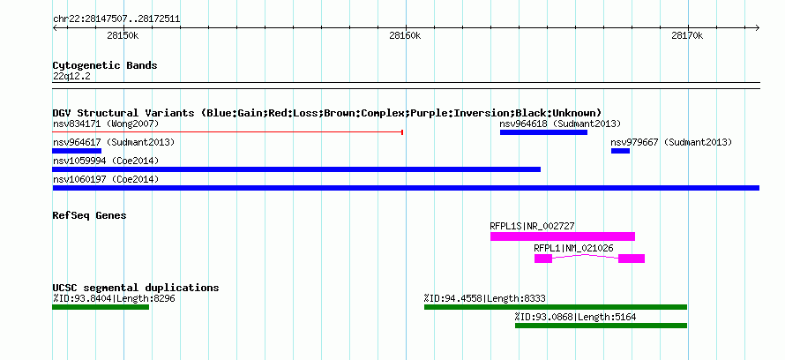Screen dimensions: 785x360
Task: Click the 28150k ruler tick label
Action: click(x=123, y=35)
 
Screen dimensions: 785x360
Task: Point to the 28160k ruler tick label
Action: click(x=405, y=35)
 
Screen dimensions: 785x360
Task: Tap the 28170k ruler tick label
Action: click(x=687, y=35)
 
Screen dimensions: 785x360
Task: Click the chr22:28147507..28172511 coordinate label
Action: click(x=116, y=19)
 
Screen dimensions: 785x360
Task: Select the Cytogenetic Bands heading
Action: click(x=105, y=65)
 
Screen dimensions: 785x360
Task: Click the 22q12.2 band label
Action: click(x=71, y=77)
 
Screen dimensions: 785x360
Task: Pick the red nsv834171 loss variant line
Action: click(x=228, y=132)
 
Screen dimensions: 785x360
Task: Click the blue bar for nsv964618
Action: click(x=543, y=132)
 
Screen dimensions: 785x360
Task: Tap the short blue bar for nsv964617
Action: click(x=77, y=151)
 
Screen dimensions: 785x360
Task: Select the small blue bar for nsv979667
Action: click(x=620, y=151)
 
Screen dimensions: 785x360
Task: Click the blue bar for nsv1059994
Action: click(x=296, y=169)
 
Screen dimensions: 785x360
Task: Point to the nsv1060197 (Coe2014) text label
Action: click(x=106, y=179)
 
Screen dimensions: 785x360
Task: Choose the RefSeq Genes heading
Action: click(x=89, y=215)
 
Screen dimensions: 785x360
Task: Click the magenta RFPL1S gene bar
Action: click(x=563, y=236)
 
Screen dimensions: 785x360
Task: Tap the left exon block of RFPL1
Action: click(x=543, y=259)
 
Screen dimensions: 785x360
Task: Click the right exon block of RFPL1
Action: click(x=632, y=259)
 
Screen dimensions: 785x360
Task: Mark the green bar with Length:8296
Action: click(x=101, y=307)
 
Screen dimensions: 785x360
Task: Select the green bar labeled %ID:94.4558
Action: click(x=556, y=307)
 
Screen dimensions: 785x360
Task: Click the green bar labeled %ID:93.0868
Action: click(x=601, y=326)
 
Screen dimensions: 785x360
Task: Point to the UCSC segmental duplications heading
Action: click(x=136, y=288)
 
